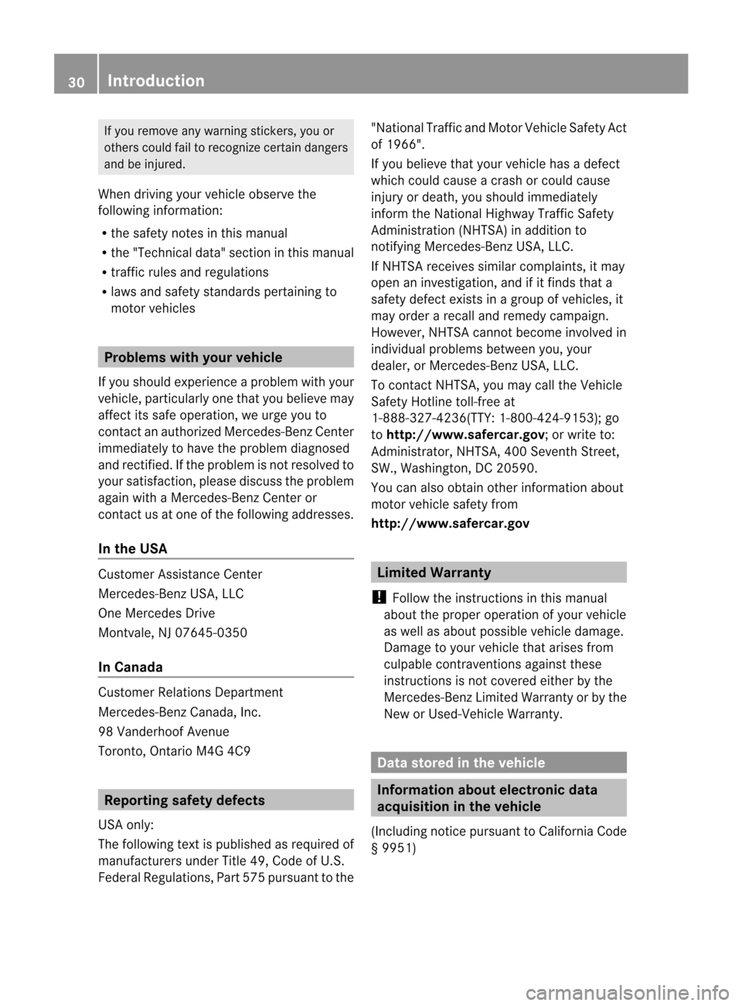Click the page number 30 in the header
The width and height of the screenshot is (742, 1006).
tap(76, 81)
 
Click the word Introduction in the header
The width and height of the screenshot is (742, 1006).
tap(156, 81)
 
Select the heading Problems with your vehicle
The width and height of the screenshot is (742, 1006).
tap(193, 358)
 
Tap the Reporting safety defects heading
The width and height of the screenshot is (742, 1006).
tap(185, 800)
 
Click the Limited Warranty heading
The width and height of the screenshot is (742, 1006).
tap(434, 573)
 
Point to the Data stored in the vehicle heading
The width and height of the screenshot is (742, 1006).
tap(461, 763)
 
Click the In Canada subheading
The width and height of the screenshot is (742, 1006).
tap(131, 667)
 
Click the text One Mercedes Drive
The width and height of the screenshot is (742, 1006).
tap(157, 613)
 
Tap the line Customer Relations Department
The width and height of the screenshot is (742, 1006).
tap(191, 692)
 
